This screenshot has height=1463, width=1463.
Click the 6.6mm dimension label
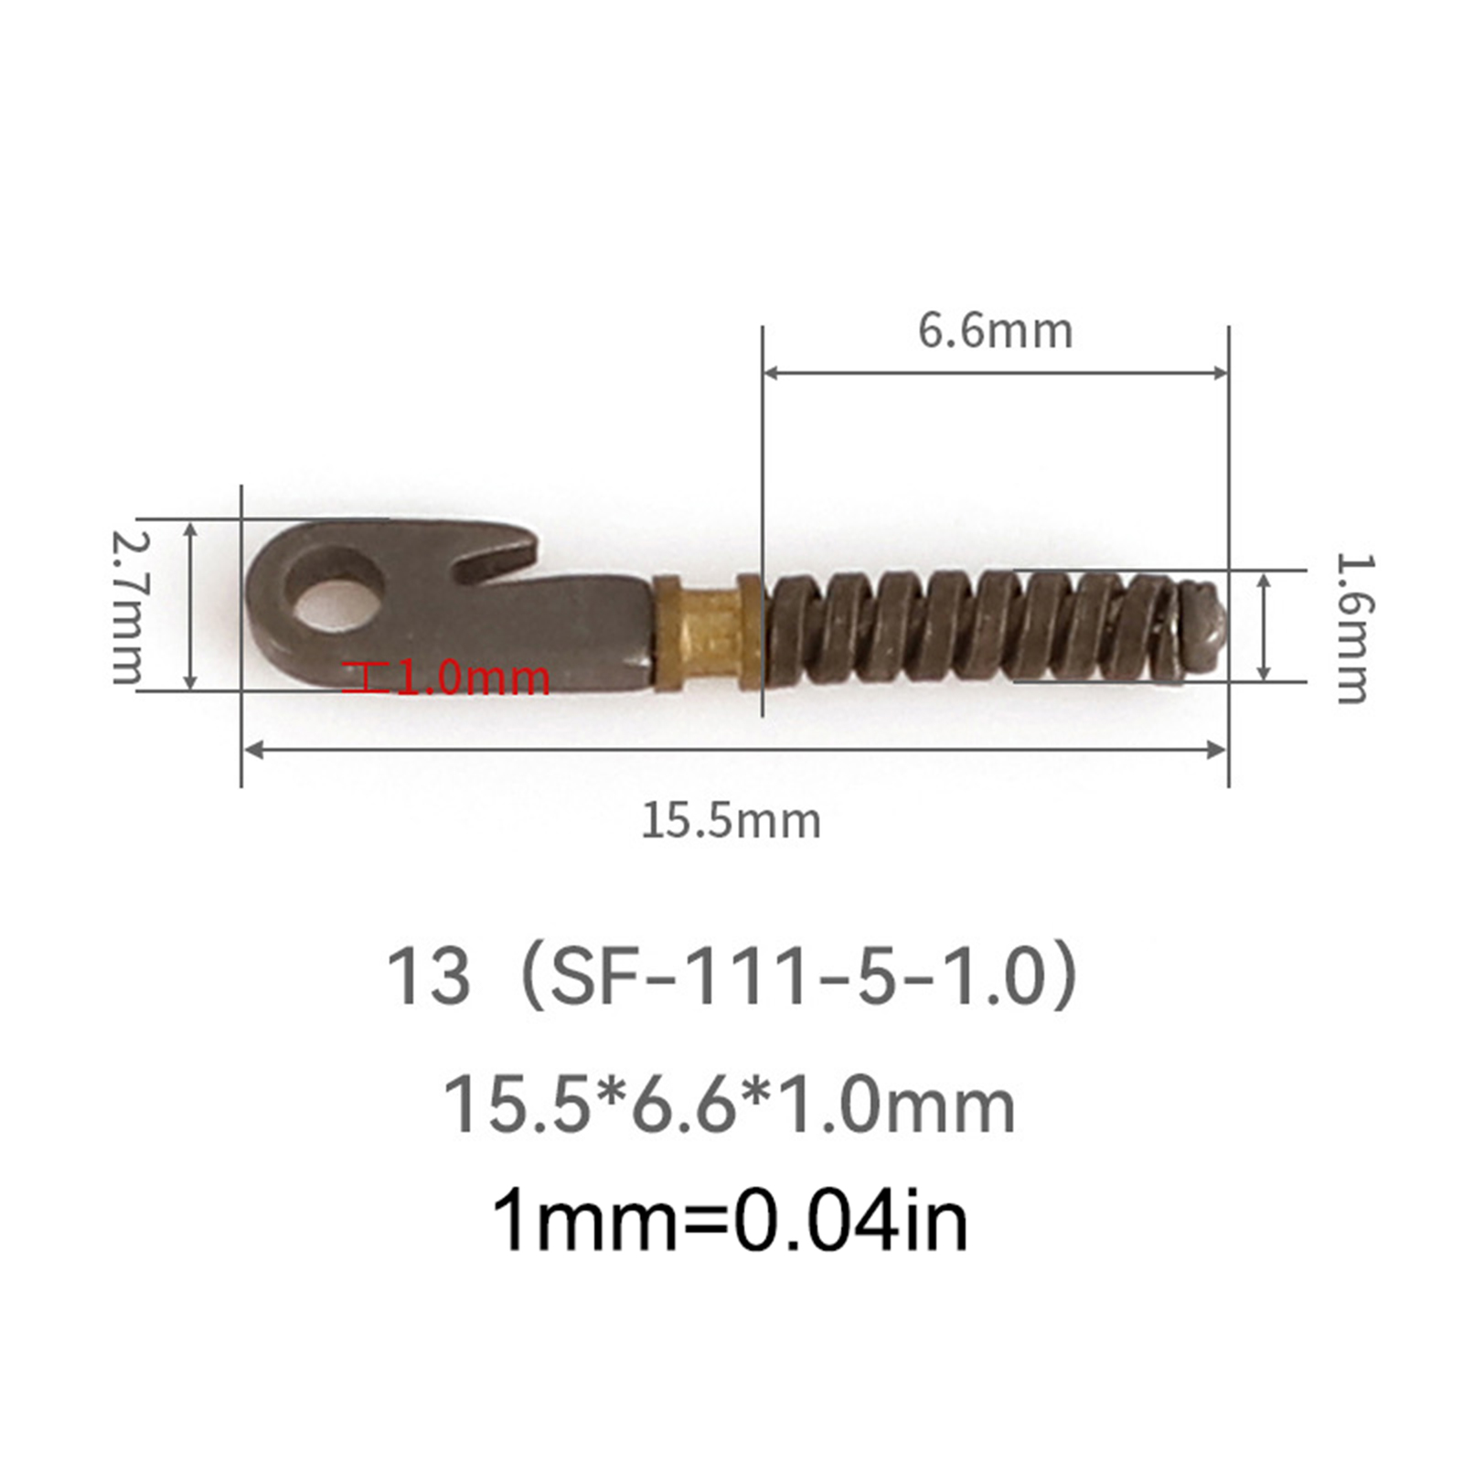click(x=995, y=331)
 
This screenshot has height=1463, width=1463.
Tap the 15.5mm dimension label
click(x=731, y=820)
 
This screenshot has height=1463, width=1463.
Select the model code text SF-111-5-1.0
click(x=799, y=976)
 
